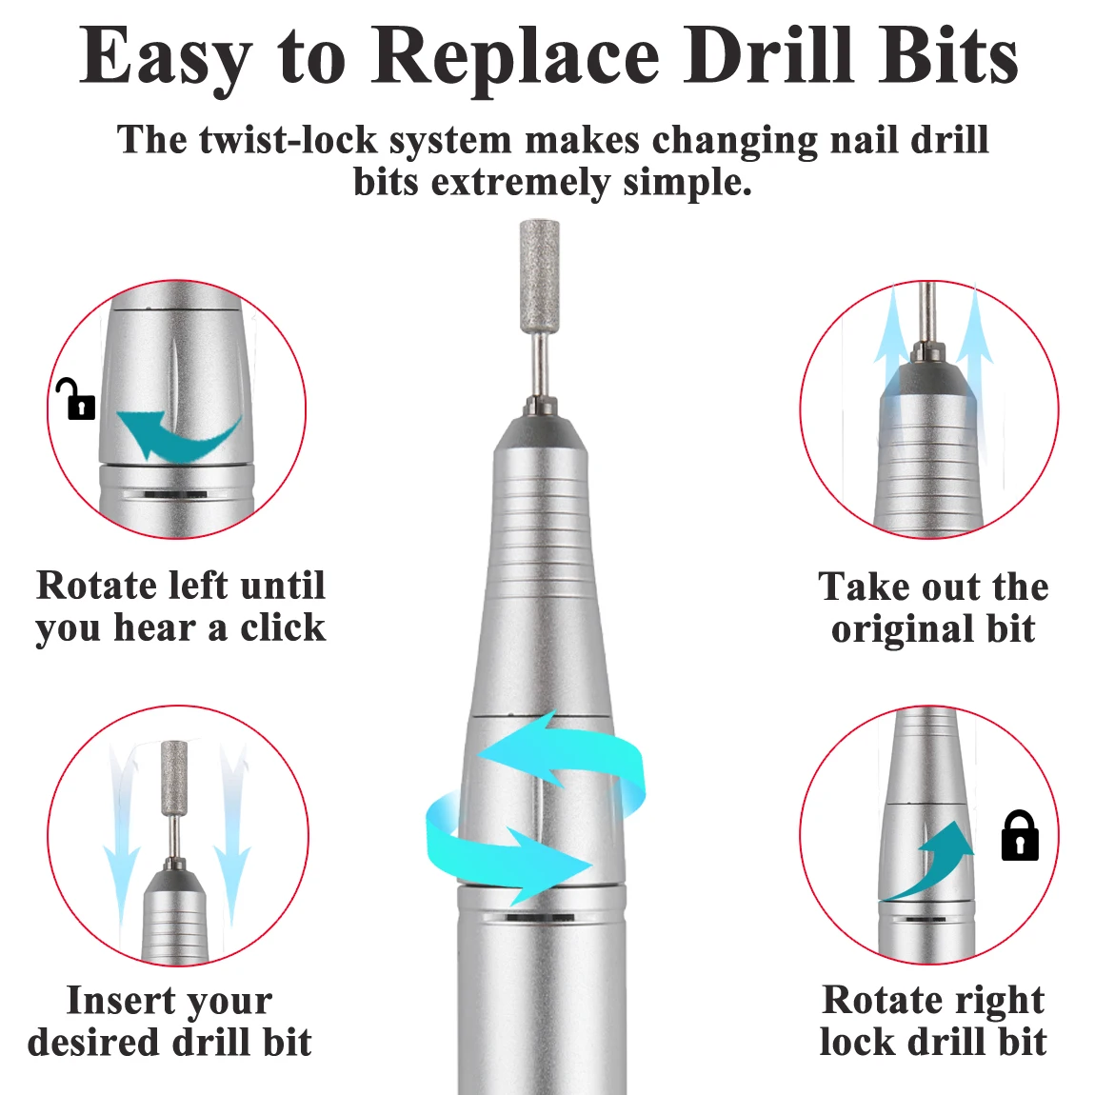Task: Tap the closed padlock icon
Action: pos(1020,835)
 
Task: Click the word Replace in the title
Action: pos(515,56)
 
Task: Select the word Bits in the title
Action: pos(947,56)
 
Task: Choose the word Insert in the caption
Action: pos(122,1000)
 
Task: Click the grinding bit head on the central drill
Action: pos(539,275)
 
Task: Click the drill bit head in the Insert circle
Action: pos(174,777)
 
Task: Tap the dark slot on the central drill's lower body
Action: pos(540,917)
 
